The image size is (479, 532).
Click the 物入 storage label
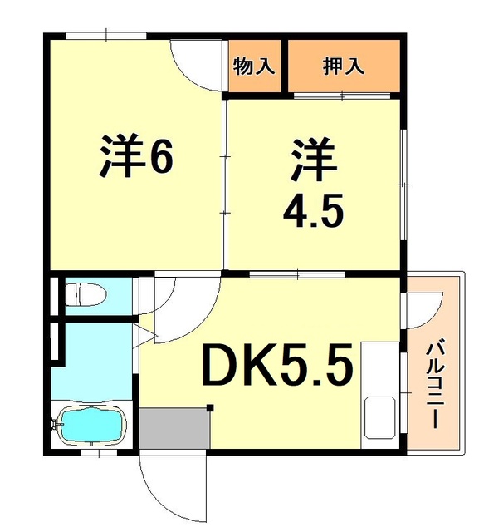254,66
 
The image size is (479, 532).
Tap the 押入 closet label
344,66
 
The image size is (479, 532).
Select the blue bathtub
90,426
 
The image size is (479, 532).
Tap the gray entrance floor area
174,429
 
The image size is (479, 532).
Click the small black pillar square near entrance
210,407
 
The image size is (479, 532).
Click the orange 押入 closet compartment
344,66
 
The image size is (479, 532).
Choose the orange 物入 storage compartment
254,66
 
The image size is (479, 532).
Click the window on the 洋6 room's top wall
107,35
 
